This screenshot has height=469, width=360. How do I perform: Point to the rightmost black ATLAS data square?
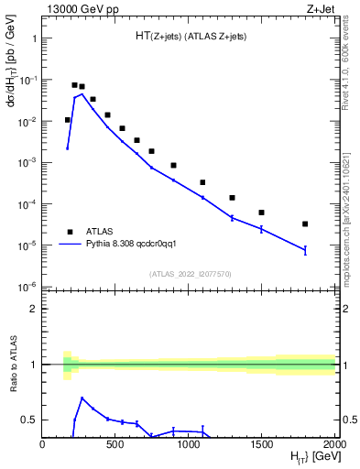305,224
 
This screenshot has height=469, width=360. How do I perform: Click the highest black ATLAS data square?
74,84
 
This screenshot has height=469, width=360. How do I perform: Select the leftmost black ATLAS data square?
67,119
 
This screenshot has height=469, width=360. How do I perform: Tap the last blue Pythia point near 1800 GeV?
305,249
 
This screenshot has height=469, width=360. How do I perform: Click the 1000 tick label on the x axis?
189,444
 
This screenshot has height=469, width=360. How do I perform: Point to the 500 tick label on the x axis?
115,444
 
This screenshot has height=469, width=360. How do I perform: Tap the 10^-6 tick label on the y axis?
25,287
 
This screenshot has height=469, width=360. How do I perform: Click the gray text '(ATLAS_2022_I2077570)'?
190,274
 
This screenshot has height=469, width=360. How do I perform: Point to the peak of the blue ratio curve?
82,398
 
